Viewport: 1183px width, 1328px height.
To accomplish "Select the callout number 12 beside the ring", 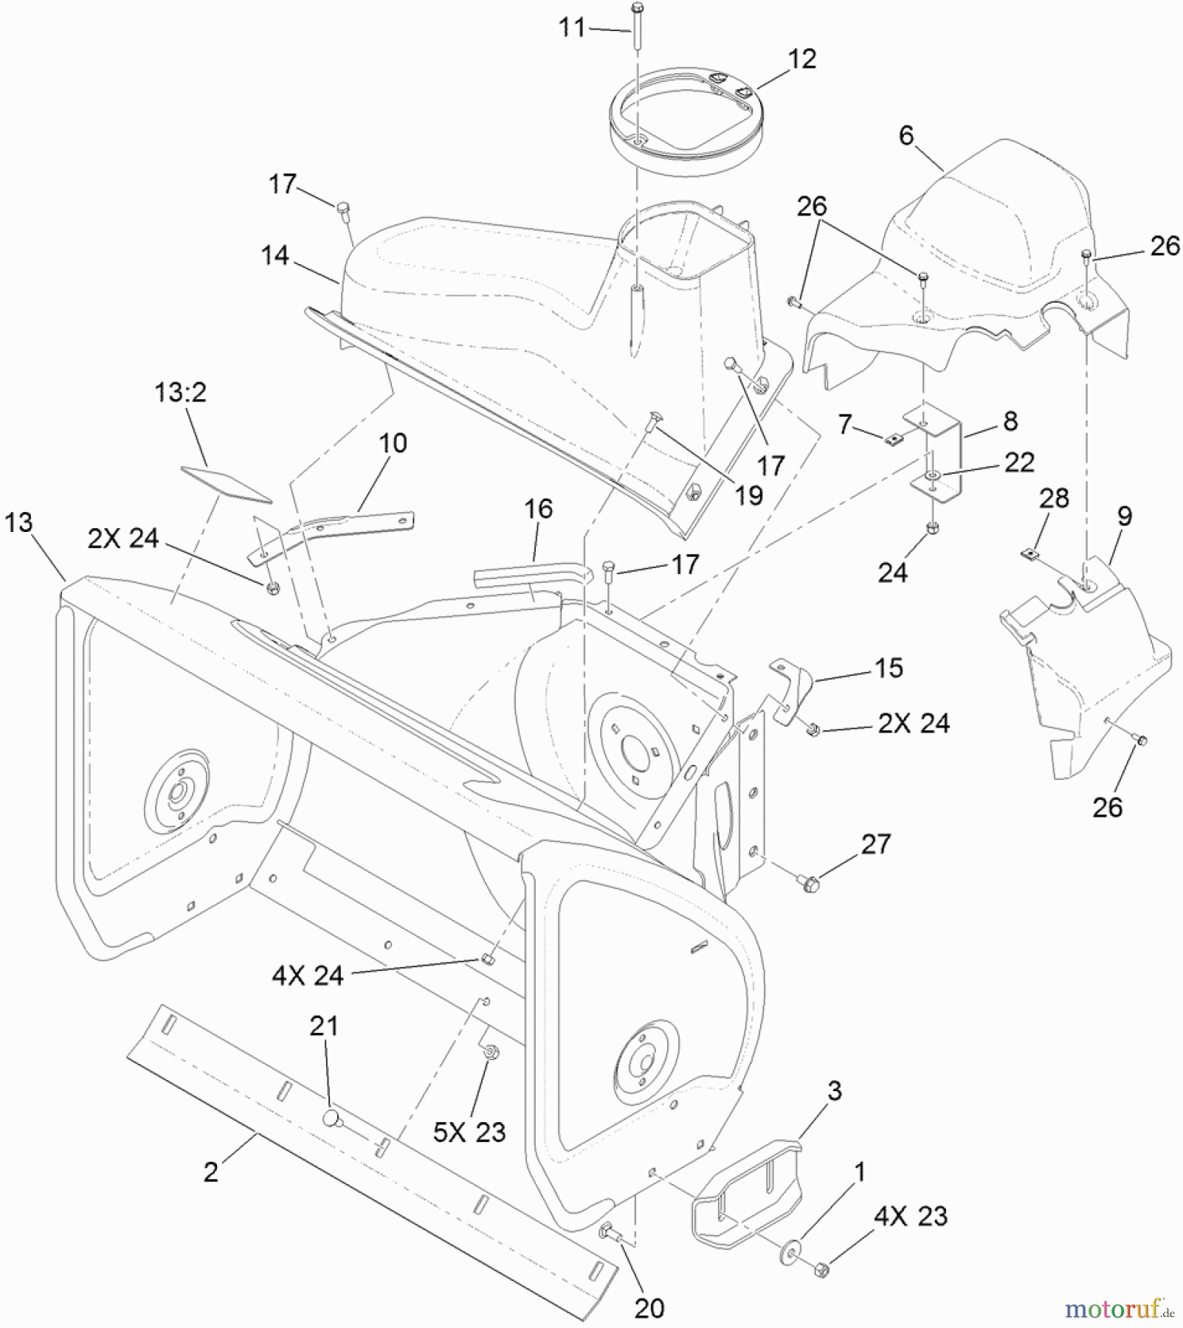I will point(801,59).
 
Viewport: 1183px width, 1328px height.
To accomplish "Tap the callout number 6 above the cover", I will point(906,135).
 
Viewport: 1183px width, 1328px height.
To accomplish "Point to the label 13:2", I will point(180,392).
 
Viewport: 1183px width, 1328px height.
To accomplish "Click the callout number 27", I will point(875,843).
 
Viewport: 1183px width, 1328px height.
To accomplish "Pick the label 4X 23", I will point(910,1215).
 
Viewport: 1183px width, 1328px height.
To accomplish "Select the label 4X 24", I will point(308,975).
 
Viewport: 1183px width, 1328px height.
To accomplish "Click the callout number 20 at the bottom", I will point(649,1307).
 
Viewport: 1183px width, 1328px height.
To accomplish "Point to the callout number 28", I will point(1053,498).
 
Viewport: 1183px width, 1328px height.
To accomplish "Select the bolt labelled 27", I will point(805,879).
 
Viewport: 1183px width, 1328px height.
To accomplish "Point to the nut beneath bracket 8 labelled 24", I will point(932,528).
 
